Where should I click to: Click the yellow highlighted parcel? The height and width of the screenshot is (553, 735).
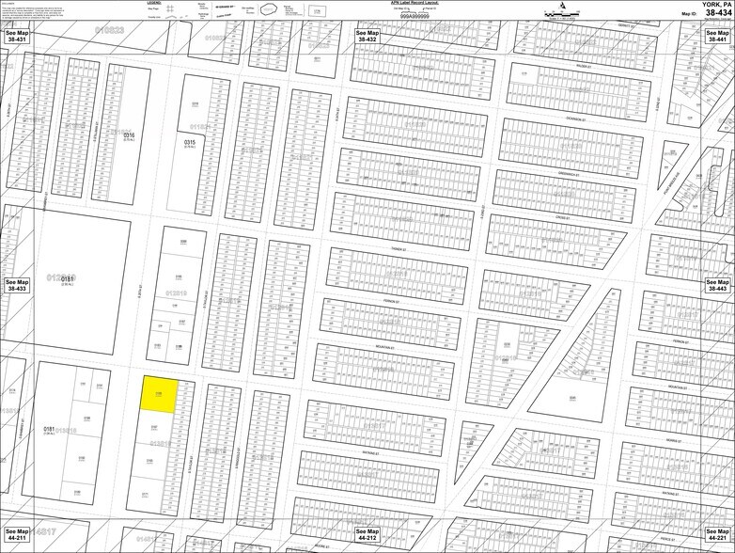(x=158, y=395)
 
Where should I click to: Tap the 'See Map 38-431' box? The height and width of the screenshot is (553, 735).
(x=18, y=37)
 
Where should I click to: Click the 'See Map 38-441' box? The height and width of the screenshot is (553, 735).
(x=717, y=37)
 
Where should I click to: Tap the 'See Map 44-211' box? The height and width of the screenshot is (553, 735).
(x=18, y=535)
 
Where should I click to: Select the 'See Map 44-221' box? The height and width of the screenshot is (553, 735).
(x=717, y=535)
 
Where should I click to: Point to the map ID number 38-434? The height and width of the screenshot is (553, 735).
(x=712, y=14)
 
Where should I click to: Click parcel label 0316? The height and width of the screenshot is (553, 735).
(x=129, y=134)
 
